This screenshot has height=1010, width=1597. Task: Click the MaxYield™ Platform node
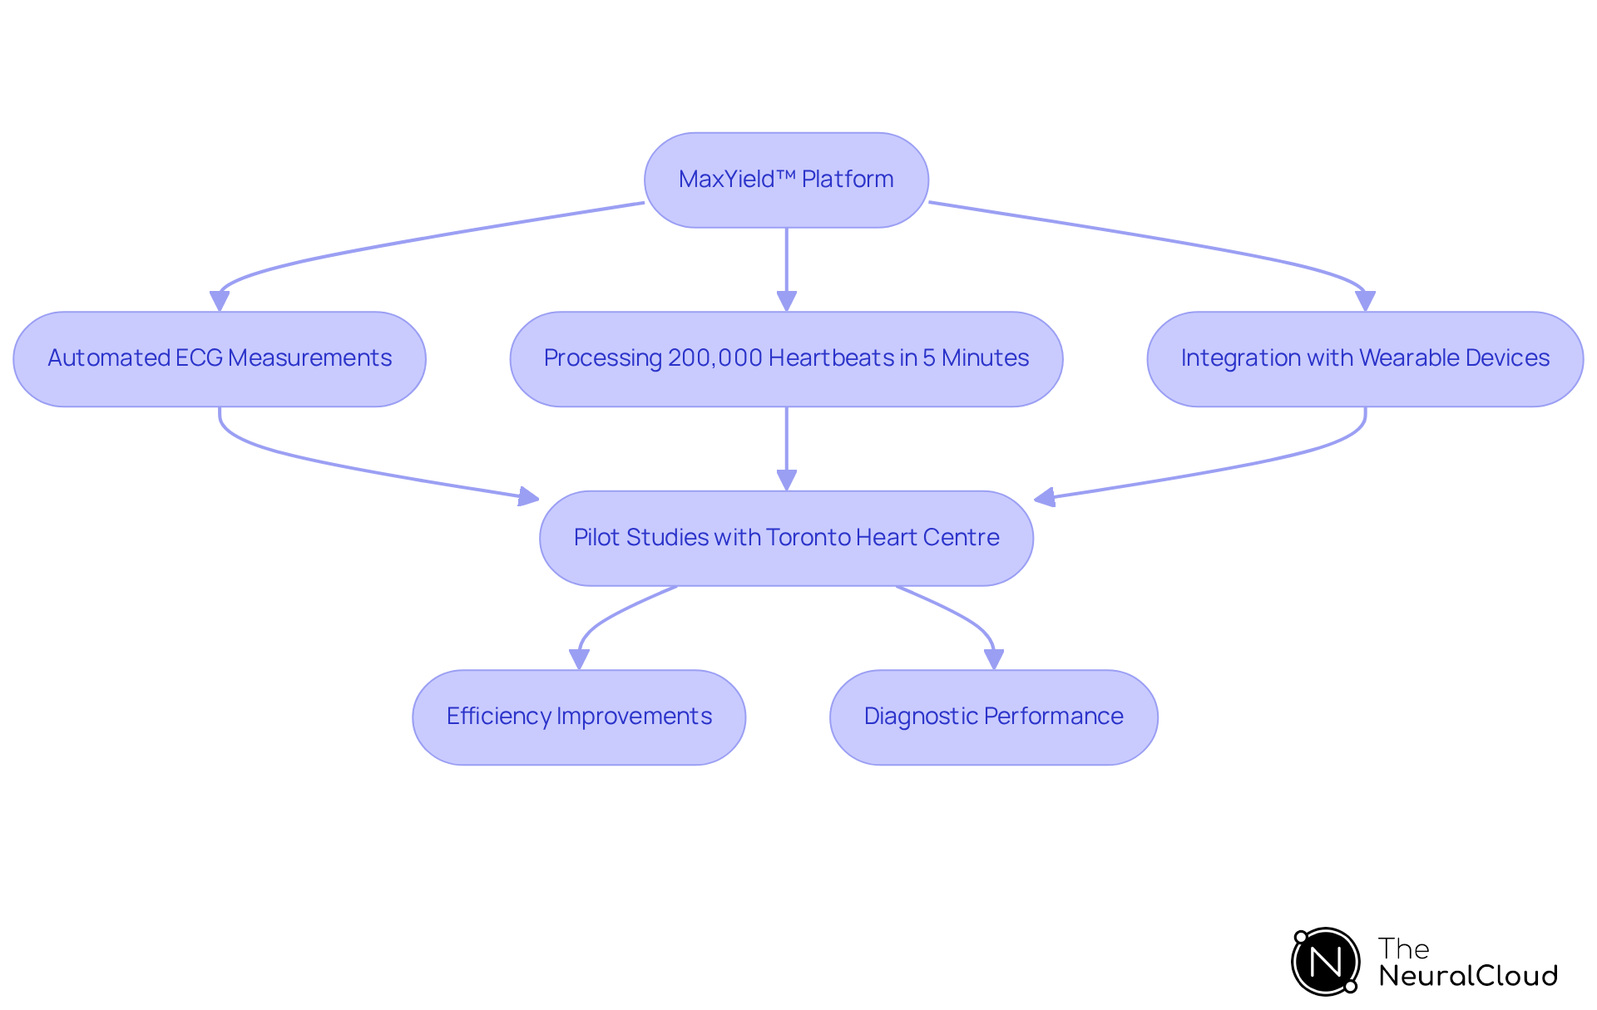[x=786, y=180]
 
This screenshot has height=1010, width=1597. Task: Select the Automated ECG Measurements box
[x=220, y=358]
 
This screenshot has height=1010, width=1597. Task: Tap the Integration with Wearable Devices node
[x=1365, y=358]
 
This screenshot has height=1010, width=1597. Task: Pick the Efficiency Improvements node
[x=579, y=717]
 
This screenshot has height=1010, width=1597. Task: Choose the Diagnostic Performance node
[x=993, y=717]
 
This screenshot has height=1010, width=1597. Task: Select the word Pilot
[x=596, y=538]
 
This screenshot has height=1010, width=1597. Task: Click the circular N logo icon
[x=1325, y=962]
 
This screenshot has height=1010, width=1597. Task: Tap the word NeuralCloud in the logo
[x=1468, y=976]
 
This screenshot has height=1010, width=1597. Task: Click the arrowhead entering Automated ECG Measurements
[x=220, y=301]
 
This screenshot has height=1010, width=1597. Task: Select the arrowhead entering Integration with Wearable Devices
[x=1365, y=301]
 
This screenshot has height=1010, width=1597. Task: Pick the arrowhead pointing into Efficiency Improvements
[x=579, y=659]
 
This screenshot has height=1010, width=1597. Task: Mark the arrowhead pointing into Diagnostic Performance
[x=993, y=659]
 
